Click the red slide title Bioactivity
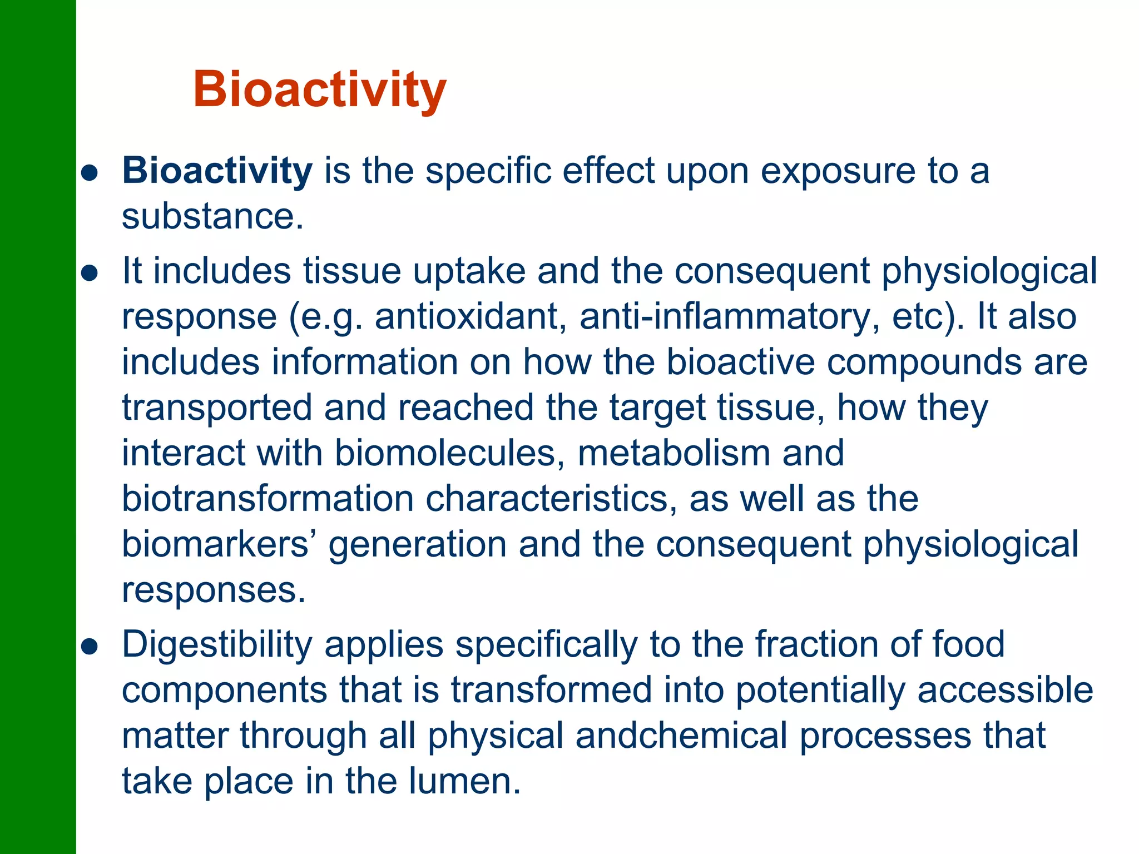(x=319, y=90)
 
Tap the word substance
(x=212, y=216)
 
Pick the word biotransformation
(x=268, y=499)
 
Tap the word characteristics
(x=551, y=499)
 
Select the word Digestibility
(x=217, y=646)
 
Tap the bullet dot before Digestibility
(x=90, y=647)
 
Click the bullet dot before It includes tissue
(x=90, y=272)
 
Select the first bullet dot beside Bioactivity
(x=90, y=172)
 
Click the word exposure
(x=837, y=171)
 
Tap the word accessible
(x=1004, y=690)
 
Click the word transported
(x=217, y=408)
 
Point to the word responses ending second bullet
(x=214, y=590)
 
